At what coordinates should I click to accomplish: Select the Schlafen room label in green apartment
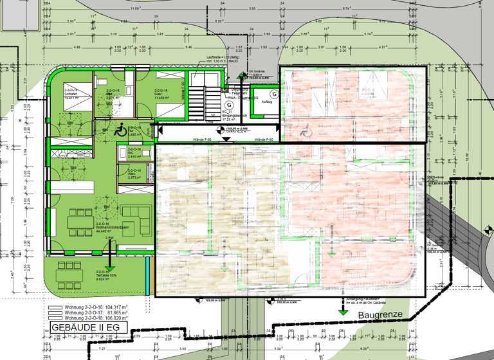[x=71, y=95]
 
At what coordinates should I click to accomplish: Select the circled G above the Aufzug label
[x=265, y=94]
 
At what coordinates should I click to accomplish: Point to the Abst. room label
[x=133, y=174]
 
